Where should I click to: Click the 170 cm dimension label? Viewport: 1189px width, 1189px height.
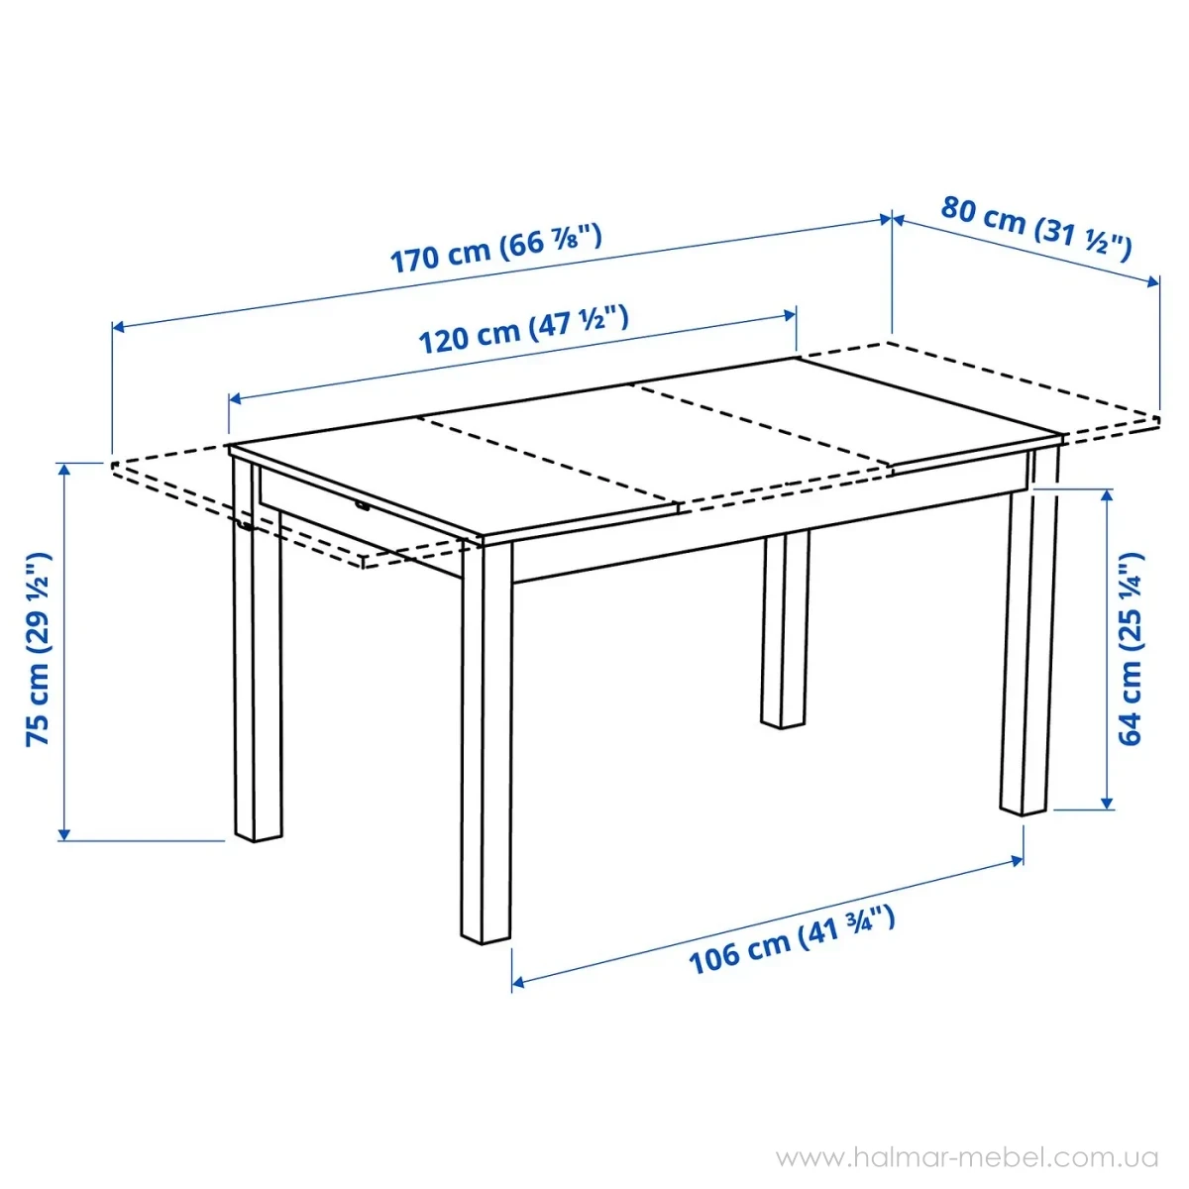pyautogui.click(x=496, y=249)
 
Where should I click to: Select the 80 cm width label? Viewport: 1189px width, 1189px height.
pyautogui.click(x=1036, y=228)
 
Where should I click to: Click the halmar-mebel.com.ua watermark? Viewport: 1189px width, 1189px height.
pyautogui.click(x=967, y=1157)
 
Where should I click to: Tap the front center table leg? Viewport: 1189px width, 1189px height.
pyautogui.click(x=486, y=742)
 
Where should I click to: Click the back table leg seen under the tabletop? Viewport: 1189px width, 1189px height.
pyautogui.click(x=784, y=629)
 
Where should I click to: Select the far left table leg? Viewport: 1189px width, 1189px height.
pyautogui.click(x=258, y=649)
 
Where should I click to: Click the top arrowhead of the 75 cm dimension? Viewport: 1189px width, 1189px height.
pyautogui.click(x=64, y=471)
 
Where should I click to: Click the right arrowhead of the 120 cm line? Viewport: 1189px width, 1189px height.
pyautogui.click(x=789, y=315)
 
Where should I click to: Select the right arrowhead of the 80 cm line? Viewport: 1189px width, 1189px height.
pyautogui.click(x=1151, y=281)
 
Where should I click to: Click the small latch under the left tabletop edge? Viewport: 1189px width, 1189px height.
pyautogui.click(x=363, y=507)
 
